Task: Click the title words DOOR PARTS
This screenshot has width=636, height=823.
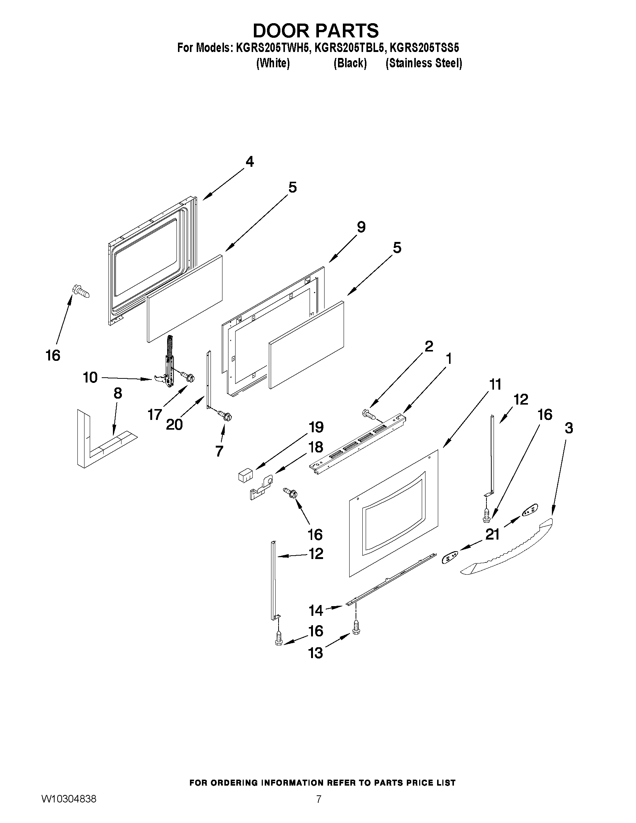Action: tap(315, 31)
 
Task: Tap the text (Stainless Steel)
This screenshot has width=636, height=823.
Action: tap(424, 63)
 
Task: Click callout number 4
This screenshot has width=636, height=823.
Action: tap(249, 162)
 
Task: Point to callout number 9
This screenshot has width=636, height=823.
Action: tap(361, 227)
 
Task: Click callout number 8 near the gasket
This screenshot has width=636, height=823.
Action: tap(117, 393)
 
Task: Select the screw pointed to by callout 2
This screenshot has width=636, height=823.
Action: tap(368, 415)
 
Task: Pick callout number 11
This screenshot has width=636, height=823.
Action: tap(495, 384)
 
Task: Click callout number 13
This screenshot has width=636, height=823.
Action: tap(316, 653)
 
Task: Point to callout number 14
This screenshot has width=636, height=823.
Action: tap(316, 611)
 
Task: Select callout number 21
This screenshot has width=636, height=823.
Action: tap(492, 534)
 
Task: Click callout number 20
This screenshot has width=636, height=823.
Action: tap(174, 425)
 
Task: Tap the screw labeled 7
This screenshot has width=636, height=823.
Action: tap(226, 416)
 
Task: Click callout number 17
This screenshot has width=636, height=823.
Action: tap(155, 415)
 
